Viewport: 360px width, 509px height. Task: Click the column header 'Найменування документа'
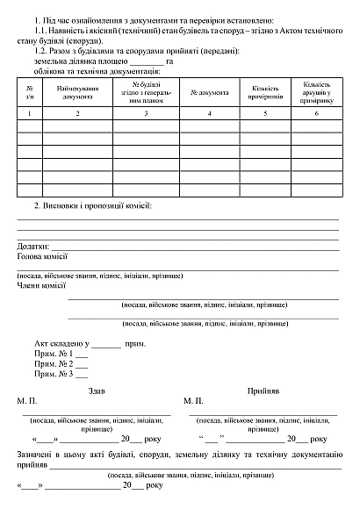(76, 92)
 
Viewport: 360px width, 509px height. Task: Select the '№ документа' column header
(208, 92)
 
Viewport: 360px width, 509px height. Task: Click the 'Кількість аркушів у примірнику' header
(316, 92)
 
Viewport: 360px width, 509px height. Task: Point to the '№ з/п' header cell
(29, 92)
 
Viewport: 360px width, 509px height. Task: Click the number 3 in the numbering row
(145, 114)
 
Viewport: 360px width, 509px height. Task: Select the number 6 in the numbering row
(316, 114)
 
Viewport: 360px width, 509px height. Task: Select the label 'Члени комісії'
(41, 284)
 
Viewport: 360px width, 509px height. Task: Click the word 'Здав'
(97, 389)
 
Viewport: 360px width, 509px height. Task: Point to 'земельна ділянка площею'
(79, 61)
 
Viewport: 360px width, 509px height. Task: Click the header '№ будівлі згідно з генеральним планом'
(145, 92)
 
